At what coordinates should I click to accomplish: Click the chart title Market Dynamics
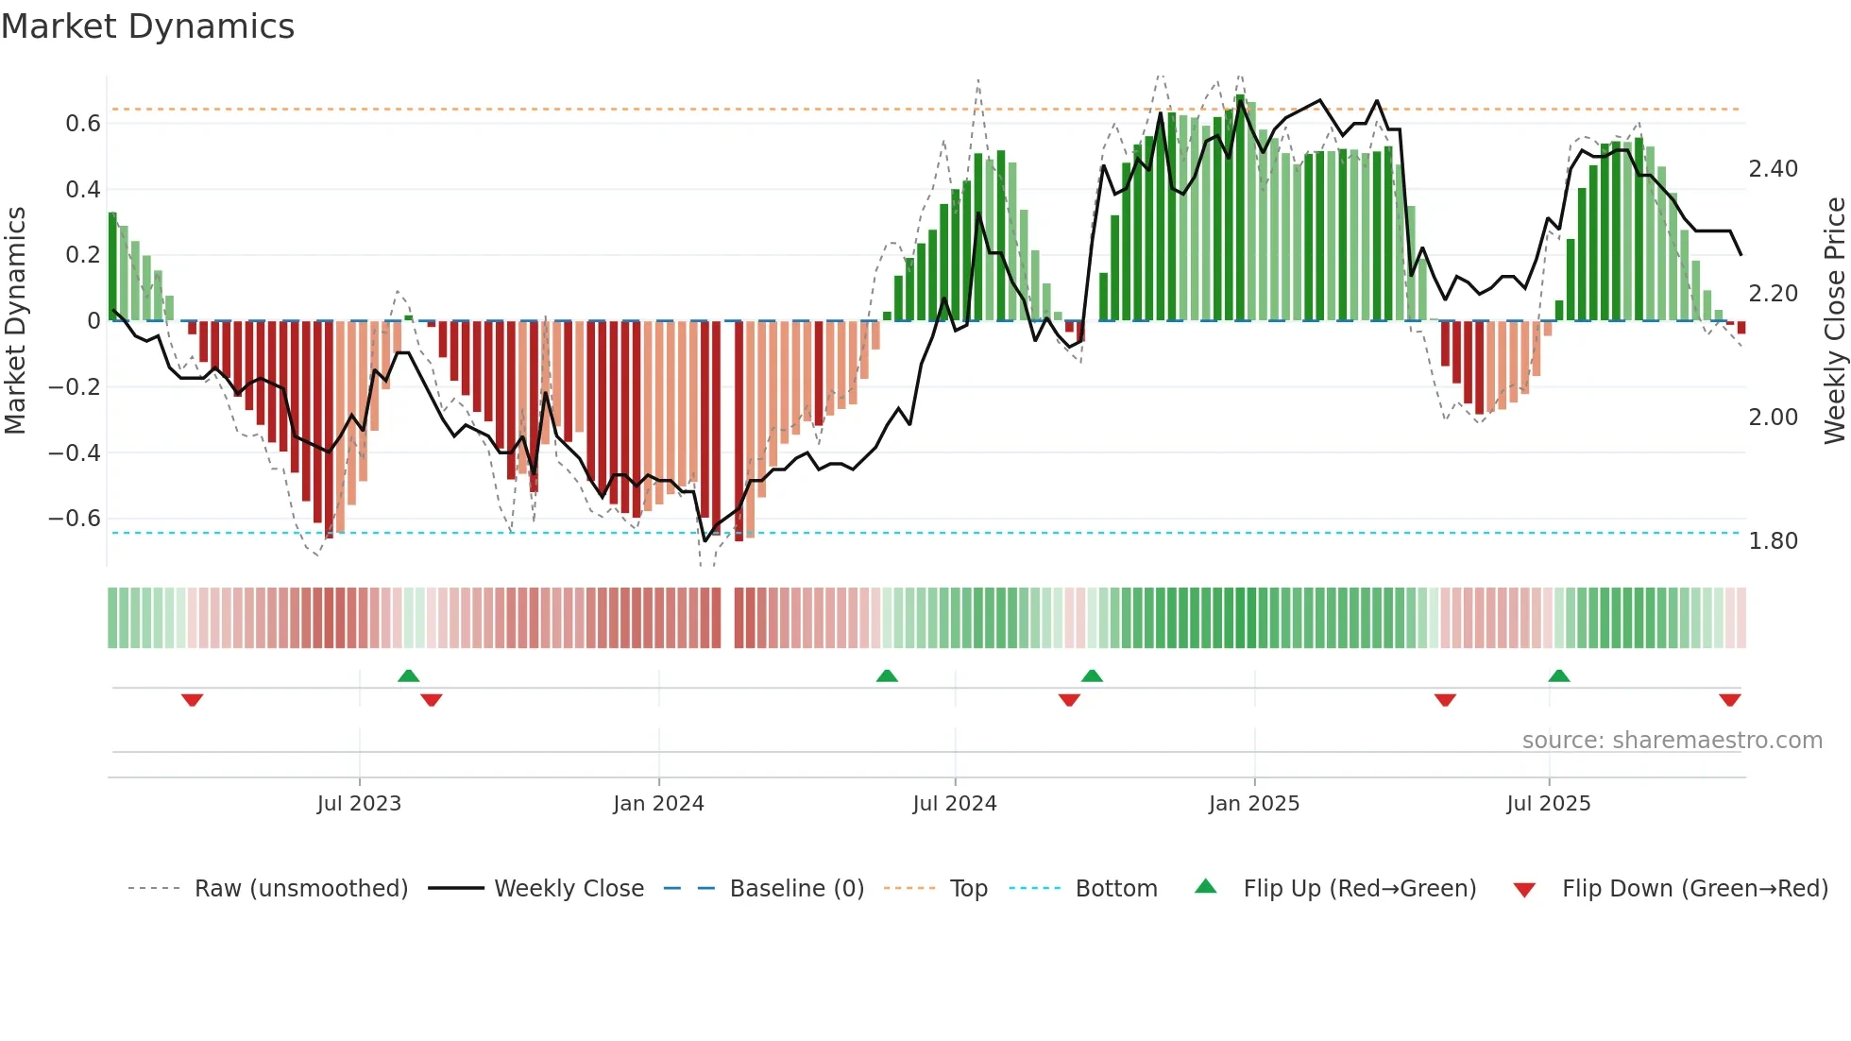(148, 26)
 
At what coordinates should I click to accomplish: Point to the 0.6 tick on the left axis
(83, 124)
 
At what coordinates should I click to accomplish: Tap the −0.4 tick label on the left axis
(75, 452)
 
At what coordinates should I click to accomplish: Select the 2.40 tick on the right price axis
(1773, 169)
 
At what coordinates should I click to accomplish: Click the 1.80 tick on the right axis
(1773, 541)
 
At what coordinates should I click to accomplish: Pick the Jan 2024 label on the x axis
(658, 804)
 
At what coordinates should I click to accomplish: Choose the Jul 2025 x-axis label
(1548, 804)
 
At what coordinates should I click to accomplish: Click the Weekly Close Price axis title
(1834, 321)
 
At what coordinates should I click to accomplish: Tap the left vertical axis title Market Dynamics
(15, 321)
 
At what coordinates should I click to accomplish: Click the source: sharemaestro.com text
(1672, 741)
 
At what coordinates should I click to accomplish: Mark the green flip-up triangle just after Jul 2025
(1559, 676)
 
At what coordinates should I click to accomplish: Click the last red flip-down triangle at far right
(1729, 700)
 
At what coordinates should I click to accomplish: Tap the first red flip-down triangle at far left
(192, 700)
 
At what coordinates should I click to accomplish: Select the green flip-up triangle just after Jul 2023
(408, 676)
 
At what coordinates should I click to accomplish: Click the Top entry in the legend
(968, 889)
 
